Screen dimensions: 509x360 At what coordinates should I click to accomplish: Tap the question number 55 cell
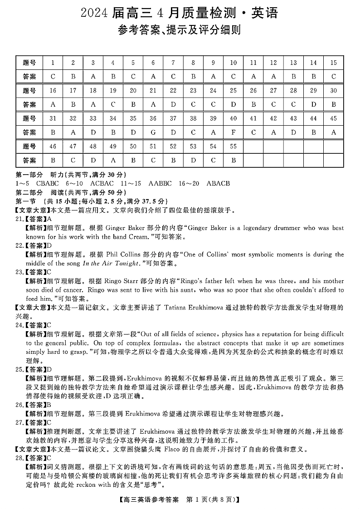click(x=234, y=146)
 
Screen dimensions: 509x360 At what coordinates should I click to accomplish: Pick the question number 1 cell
click(x=53, y=63)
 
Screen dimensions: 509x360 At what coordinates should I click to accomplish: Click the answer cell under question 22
click(x=173, y=104)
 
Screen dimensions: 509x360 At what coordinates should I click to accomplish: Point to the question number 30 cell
click(x=334, y=90)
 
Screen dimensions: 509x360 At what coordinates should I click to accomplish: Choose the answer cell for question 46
click(x=53, y=160)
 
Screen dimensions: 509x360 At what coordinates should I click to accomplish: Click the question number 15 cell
click(x=334, y=63)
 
